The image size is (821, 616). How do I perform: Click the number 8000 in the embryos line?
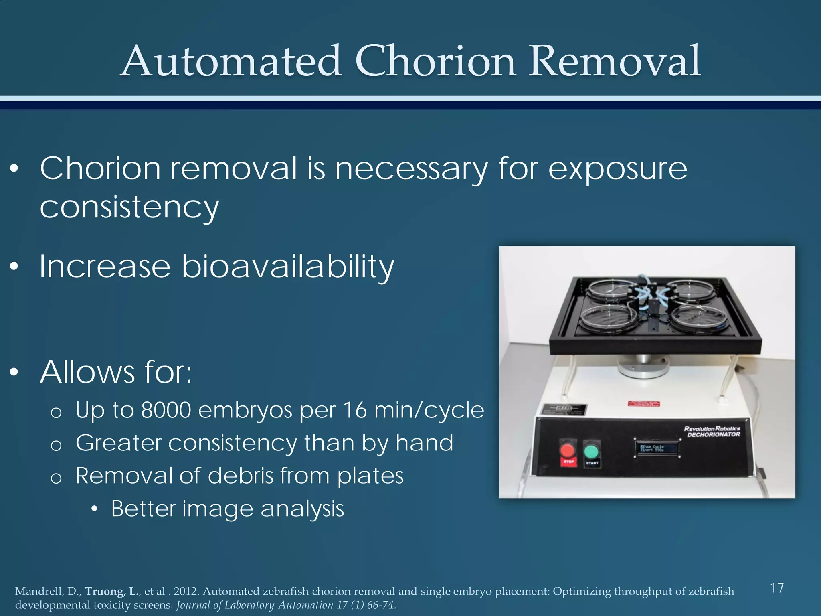tap(166, 410)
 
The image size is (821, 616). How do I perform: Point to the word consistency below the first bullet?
tap(129, 207)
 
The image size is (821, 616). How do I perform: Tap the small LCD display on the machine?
tap(656, 448)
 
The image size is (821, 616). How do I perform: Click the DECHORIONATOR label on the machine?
tap(714, 434)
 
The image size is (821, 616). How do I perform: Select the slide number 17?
tap(777, 588)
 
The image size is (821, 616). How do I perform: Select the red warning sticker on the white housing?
tap(643, 404)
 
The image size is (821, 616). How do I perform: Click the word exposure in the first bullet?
tap(617, 169)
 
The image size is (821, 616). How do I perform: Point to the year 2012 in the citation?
tap(186, 592)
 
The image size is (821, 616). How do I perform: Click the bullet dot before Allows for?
tap(14, 372)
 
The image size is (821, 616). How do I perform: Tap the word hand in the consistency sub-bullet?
tap(424, 443)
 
